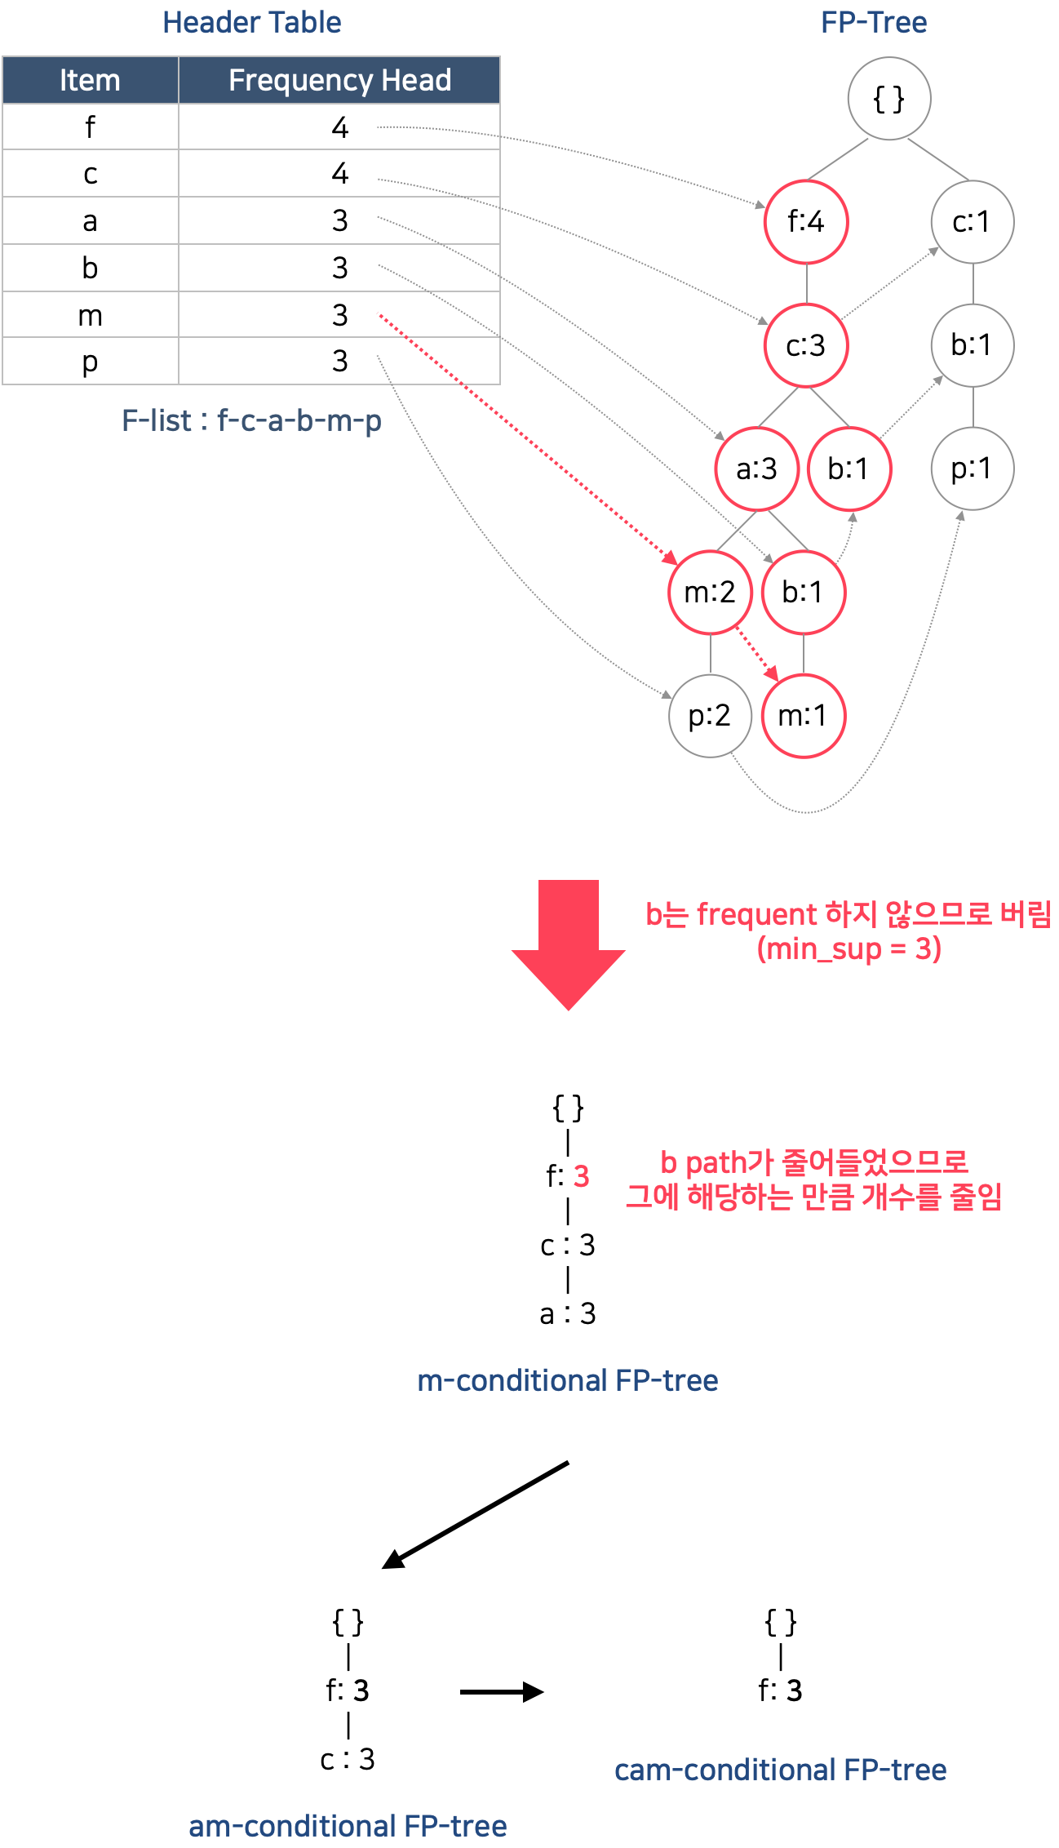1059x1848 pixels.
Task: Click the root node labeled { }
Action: (888, 99)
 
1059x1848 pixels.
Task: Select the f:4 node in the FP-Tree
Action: (805, 221)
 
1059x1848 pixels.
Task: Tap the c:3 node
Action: (805, 345)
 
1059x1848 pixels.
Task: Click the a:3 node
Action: (756, 469)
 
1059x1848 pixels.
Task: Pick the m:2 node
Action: (710, 592)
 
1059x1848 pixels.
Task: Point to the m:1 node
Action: (803, 716)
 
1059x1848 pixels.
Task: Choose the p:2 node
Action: (709, 716)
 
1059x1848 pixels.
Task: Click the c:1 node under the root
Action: (972, 221)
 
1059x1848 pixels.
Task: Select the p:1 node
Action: (972, 469)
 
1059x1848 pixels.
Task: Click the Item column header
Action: (90, 80)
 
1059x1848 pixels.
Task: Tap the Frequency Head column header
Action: (339, 80)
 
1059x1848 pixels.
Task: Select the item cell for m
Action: (90, 315)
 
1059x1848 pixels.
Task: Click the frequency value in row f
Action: (339, 127)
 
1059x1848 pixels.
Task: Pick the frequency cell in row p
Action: (339, 361)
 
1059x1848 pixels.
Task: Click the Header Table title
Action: (251, 22)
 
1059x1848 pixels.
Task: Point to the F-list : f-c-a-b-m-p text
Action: (251, 420)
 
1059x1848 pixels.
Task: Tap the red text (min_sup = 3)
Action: (849, 948)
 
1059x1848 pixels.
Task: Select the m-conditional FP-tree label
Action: (567, 1380)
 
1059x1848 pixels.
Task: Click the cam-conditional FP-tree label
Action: (780, 1770)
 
